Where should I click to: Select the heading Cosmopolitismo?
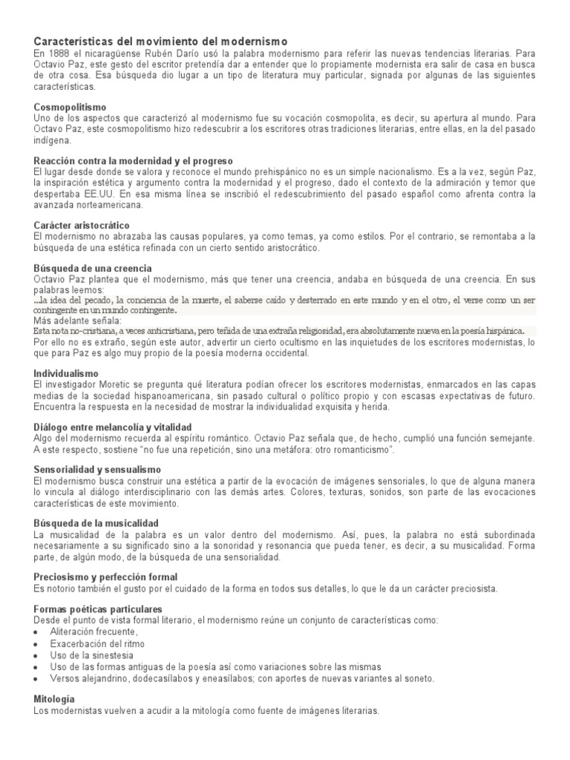[x=70, y=107]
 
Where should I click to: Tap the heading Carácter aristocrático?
[x=82, y=224]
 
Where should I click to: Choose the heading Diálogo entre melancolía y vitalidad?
[x=113, y=427]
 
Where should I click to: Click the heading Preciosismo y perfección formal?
[x=105, y=577]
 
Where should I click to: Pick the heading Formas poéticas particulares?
[x=97, y=609]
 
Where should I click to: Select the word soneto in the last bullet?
[x=417, y=678]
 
